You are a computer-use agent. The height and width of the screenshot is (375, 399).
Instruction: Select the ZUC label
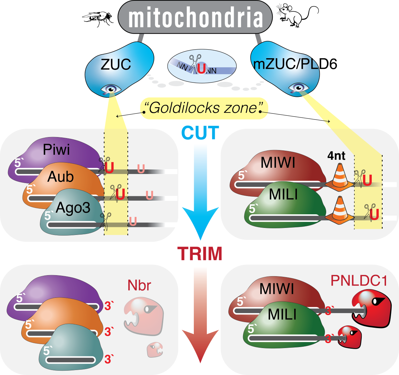116,64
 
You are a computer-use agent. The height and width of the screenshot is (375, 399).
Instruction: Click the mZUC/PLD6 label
295,64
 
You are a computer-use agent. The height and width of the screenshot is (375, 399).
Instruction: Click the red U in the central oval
201,68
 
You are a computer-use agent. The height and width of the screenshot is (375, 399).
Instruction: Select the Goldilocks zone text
203,108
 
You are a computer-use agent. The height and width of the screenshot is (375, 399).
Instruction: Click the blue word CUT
200,133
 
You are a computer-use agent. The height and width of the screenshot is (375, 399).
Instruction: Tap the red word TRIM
200,254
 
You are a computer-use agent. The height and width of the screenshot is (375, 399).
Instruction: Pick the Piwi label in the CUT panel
56,150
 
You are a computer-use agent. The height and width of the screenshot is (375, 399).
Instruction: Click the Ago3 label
73,208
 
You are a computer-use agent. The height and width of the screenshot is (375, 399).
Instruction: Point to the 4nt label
336,155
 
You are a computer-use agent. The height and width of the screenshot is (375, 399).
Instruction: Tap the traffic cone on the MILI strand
339,210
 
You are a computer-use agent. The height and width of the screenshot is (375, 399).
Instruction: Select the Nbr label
139,285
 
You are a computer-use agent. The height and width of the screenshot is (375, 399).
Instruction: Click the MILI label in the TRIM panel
282,314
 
